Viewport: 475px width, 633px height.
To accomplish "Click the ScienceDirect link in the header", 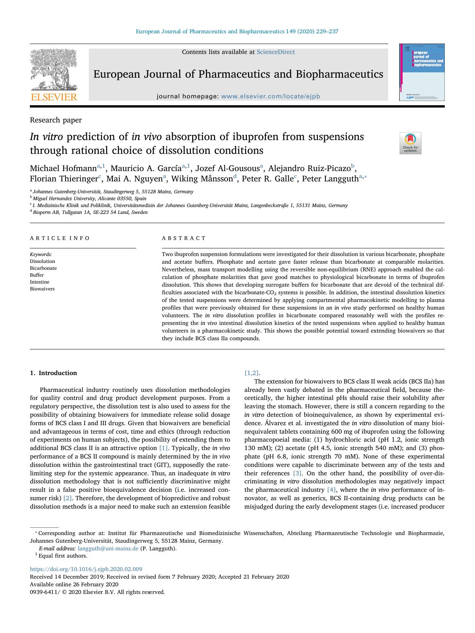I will (276, 52).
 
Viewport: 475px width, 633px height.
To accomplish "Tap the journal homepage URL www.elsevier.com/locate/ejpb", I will (271, 96).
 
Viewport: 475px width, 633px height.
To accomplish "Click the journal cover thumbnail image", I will (422, 72).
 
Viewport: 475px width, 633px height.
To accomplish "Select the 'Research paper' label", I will (56, 120).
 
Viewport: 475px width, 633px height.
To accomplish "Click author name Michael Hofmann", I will (63, 168).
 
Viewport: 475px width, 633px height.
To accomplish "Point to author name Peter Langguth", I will (330, 179).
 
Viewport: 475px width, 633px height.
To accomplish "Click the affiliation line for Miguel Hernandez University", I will (89, 199).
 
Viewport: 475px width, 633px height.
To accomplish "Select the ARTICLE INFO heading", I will (60, 238).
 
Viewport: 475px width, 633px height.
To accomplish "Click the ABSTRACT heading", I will (184, 238).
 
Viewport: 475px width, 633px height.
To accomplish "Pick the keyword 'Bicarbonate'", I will (43, 268).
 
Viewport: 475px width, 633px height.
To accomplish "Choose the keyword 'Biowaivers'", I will (42, 289).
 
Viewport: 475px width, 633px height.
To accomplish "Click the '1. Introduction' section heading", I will (54, 373).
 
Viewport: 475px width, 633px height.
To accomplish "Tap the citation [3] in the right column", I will (297, 473).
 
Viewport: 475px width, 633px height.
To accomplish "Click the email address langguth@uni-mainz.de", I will (108, 548).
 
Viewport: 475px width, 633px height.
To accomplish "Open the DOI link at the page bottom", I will (86, 569).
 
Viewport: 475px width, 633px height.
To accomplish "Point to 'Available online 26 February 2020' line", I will (74, 584).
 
